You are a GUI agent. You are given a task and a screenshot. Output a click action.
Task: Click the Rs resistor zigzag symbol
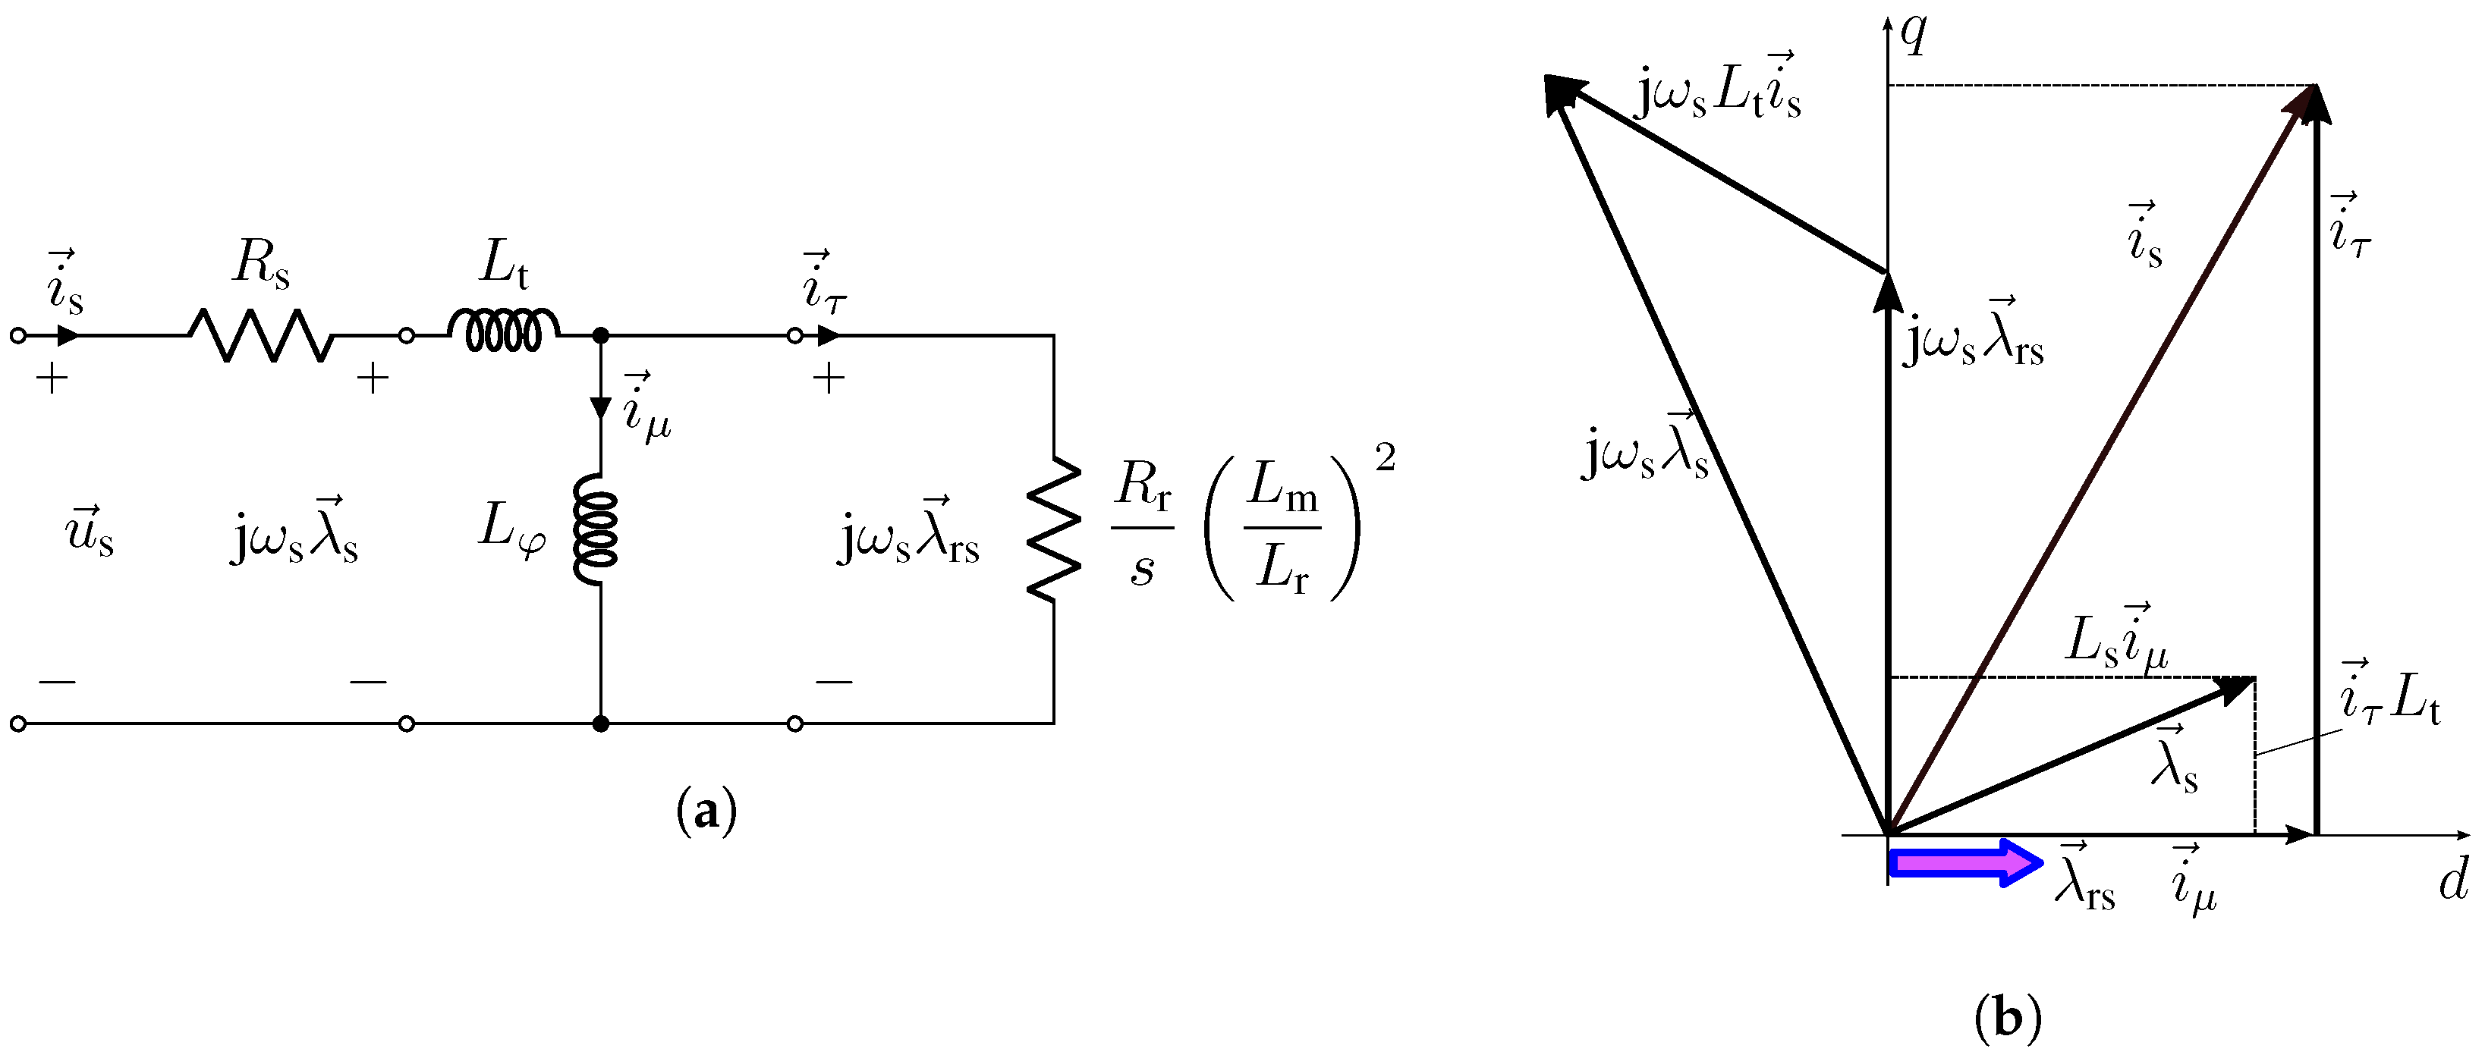260,336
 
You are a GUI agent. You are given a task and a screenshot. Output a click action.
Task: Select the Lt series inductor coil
502,331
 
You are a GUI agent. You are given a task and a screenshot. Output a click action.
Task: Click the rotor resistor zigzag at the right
1053,529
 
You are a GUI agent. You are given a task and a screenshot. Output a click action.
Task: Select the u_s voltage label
90,529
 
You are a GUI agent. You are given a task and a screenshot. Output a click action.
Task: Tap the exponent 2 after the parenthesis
1386,458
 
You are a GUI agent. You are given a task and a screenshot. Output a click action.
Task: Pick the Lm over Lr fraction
1283,526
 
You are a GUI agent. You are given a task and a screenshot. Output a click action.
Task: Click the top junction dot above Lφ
600,336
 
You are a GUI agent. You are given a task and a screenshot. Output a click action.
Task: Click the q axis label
1914,34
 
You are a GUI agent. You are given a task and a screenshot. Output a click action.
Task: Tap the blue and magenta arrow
1963,862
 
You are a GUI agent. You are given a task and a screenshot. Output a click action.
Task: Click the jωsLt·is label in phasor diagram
1717,89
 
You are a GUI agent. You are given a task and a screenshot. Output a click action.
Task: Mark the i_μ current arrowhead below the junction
600,407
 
